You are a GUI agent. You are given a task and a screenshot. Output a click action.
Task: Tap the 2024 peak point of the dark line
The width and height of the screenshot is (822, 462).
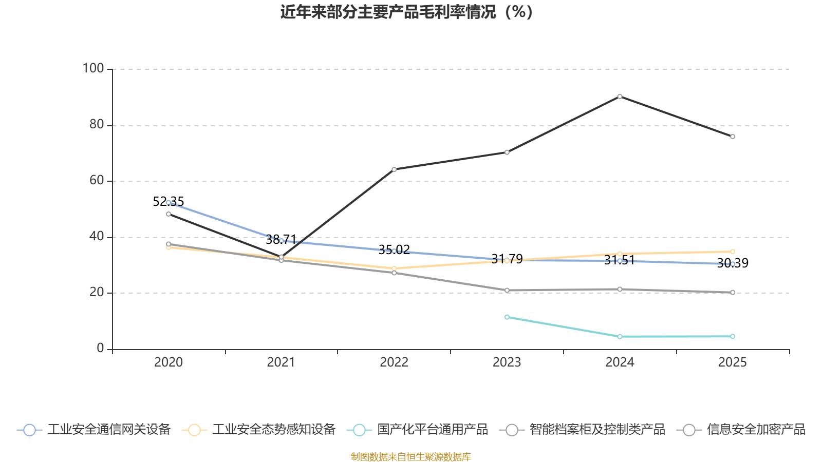tap(620, 97)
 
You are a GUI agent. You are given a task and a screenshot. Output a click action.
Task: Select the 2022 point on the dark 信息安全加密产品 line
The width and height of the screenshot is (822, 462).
tap(394, 169)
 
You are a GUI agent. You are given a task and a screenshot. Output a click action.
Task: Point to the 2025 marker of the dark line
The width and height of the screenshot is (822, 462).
tap(733, 137)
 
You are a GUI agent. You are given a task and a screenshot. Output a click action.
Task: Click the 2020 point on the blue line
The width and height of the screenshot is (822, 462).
tap(169, 203)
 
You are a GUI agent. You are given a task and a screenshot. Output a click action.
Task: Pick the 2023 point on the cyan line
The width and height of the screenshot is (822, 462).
tap(507, 317)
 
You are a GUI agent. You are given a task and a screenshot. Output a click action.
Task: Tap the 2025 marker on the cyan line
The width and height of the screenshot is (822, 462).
tap(733, 337)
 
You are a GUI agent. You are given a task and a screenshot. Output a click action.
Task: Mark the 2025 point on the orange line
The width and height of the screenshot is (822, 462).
tap(733, 252)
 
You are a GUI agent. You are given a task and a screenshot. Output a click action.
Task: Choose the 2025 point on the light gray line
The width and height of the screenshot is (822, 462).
tap(733, 293)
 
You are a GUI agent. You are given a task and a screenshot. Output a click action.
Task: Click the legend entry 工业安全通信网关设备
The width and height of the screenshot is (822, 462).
tap(95, 430)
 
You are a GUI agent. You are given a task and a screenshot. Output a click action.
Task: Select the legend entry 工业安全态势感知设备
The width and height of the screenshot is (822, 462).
tap(259, 430)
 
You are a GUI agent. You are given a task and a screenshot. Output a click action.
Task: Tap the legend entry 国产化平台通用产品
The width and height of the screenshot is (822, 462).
tap(418, 430)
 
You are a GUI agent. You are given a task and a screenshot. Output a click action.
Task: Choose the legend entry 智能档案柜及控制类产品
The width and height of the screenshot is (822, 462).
tap(583, 430)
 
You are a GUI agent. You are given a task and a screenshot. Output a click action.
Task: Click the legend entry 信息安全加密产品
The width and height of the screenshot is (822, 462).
tap(742, 430)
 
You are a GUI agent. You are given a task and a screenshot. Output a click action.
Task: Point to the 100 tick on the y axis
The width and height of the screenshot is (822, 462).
tap(94, 68)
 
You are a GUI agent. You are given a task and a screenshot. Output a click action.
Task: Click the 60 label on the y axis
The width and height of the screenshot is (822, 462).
tap(97, 180)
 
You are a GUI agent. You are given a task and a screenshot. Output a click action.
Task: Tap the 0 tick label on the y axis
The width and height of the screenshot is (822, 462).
tap(100, 349)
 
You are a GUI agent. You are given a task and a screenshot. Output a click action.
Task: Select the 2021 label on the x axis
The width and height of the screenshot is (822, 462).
tap(281, 362)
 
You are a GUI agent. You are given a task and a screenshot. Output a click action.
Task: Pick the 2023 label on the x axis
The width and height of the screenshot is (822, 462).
tap(507, 362)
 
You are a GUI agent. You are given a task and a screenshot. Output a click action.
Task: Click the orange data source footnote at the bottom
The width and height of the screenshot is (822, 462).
tap(411, 457)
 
